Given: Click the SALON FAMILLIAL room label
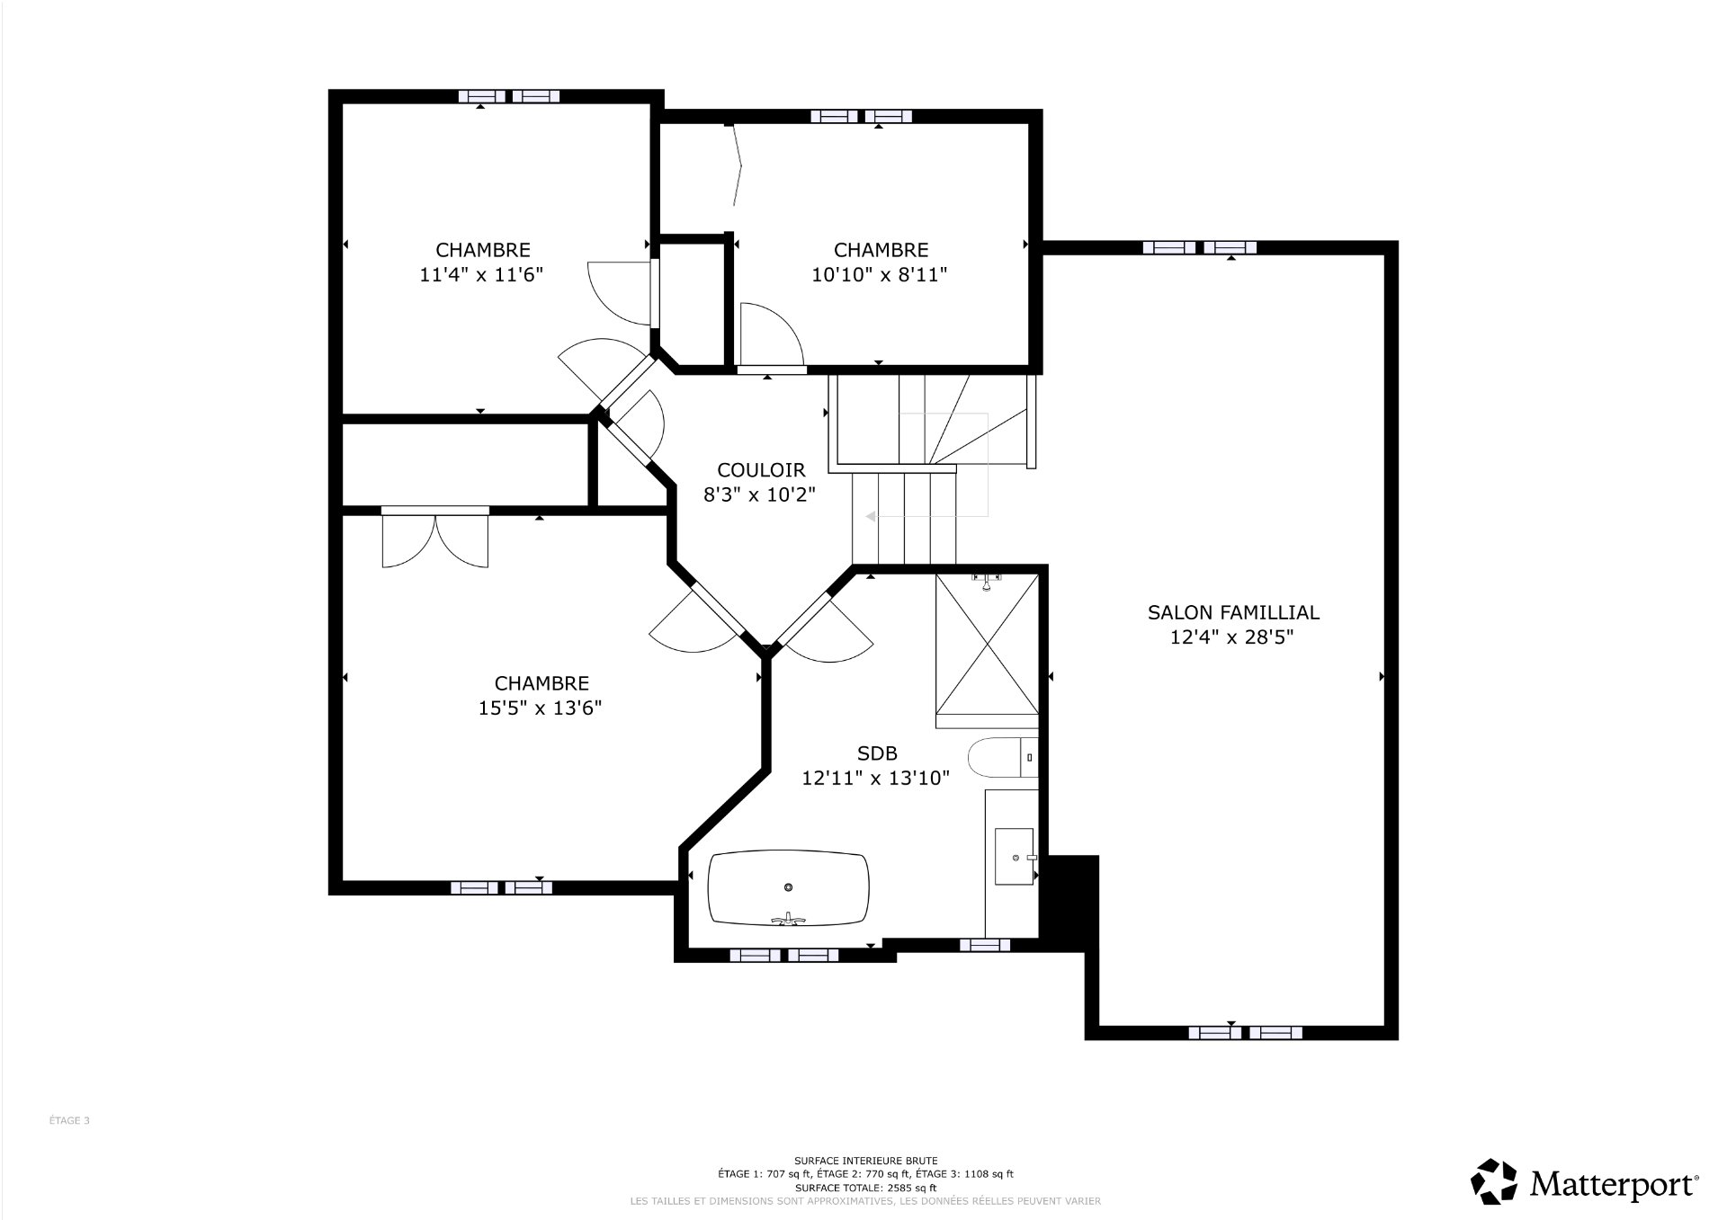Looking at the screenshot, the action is pos(1233,612).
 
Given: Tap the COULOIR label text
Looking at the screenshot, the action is pos(761,469).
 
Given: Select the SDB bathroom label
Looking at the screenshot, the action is pos(877,753).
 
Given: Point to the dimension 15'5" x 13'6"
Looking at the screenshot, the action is pos(541,708).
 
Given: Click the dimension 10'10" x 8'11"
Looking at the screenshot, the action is pos(881,274).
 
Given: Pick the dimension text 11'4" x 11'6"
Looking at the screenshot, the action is pos(482,274).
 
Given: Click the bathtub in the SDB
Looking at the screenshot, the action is pos(789,888).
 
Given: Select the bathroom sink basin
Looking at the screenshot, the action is pos(1016,858).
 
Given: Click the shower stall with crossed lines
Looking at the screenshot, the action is pos(987,650).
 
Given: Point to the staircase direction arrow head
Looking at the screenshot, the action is pos(870,517).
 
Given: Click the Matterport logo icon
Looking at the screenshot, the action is pos(1495,1180).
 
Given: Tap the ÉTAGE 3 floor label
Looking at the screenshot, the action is pos(69,1121).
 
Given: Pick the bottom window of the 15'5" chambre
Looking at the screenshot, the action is pos(501,888).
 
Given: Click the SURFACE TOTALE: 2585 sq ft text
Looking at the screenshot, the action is pos(865,1188).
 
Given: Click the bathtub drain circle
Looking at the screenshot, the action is pos(788,887).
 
